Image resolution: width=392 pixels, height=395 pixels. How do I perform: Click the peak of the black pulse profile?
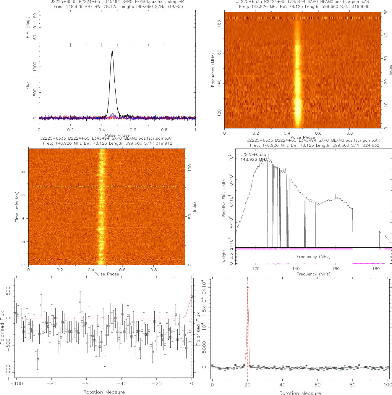[x=112, y=50]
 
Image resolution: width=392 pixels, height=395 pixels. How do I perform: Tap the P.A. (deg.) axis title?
[x=27, y=28]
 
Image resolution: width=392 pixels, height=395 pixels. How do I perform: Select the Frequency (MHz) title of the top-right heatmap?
[x=213, y=70]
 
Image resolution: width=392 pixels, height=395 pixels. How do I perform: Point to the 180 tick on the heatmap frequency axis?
[x=219, y=24]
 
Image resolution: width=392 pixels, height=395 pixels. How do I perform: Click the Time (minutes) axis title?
[x=17, y=207]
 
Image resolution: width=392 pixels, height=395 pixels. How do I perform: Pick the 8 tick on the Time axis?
[x=23, y=172]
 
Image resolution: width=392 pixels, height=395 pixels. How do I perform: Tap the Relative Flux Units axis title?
[x=224, y=198]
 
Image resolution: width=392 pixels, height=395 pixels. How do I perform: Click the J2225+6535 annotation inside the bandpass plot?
[x=253, y=154]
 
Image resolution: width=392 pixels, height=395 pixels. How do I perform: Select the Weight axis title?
[x=224, y=256]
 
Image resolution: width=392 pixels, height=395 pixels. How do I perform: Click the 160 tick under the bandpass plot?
[x=336, y=269]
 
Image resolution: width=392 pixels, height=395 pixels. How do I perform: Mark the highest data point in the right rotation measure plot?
[x=248, y=288]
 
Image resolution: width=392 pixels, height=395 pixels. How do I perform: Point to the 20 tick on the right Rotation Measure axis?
[x=247, y=385]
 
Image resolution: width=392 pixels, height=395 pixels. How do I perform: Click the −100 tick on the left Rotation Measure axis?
[x=16, y=384]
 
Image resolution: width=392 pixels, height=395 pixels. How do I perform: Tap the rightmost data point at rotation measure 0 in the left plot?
[x=192, y=296]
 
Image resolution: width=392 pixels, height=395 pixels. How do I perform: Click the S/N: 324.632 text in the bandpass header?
[x=362, y=145]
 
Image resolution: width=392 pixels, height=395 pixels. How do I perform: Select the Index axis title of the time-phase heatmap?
[x=195, y=207]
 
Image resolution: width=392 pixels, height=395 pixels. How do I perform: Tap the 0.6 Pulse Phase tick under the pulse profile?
[x=133, y=130]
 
